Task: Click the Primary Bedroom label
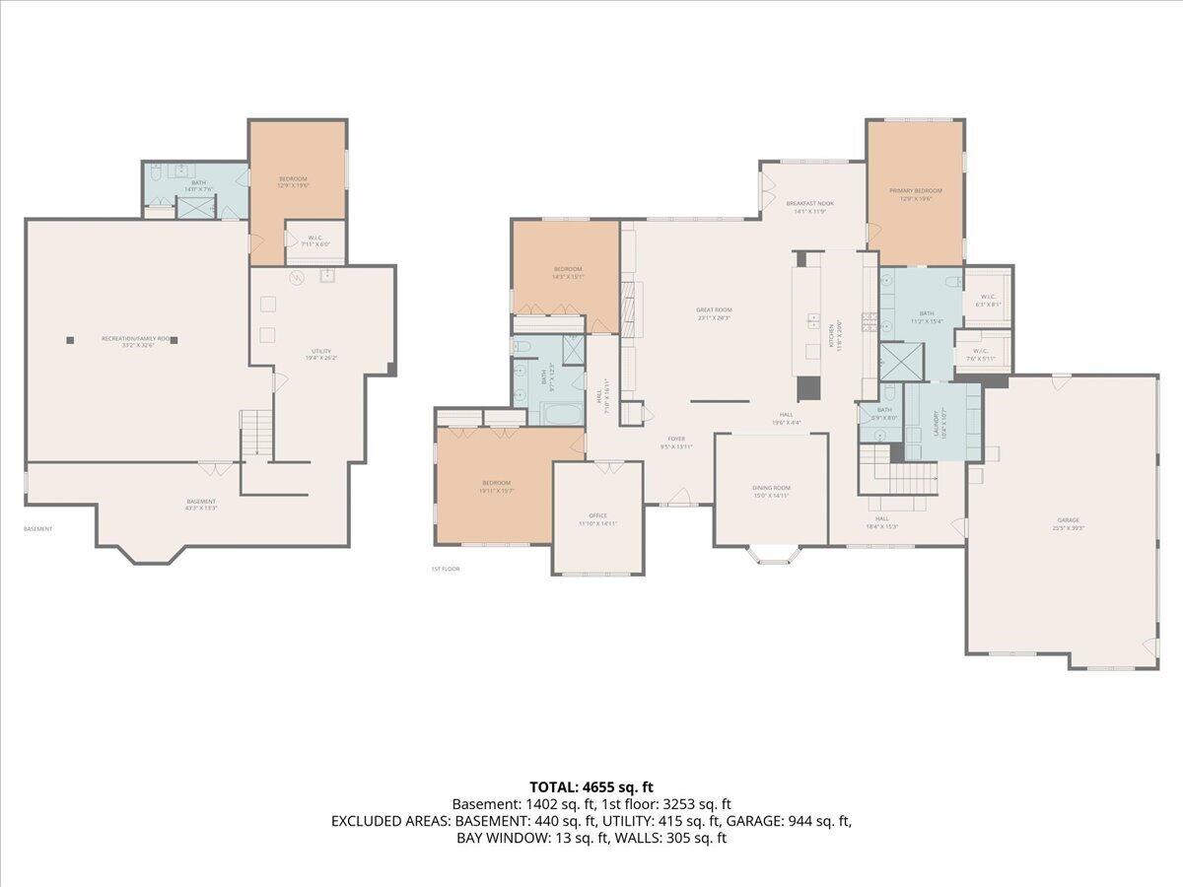pyautogui.click(x=915, y=191)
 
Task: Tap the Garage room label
pyautogui.click(x=1068, y=520)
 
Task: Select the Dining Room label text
pyautogui.click(x=771, y=489)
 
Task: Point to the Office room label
pyautogui.click(x=597, y=515)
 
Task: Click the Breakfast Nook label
pyautogui.click(x=809, y=204)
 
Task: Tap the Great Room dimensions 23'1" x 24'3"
pyautogui.click(x=715, y=318)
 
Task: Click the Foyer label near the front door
pyautogui.click(x=676, y=440)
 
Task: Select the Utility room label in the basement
pyautogui.click(x=321, y=351)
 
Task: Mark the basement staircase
pyautogui.click(x=254, y=433)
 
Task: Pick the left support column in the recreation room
pyautogui.click(x=70, y=340)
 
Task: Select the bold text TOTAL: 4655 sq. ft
pyautogui.click(x=591, y=786)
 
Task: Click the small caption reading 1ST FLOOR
pyautogui.click(x=446, y=569)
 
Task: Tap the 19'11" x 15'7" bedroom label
pyautogui.click(x=496, y=486)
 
